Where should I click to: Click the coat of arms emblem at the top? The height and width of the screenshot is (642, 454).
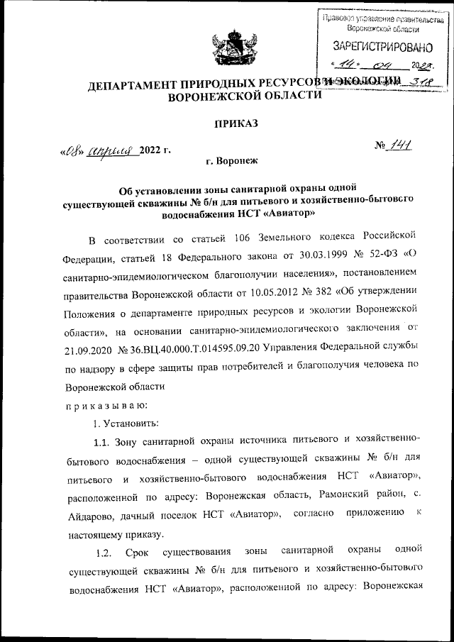point(226,49)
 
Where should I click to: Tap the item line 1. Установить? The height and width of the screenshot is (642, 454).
point(121,424)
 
